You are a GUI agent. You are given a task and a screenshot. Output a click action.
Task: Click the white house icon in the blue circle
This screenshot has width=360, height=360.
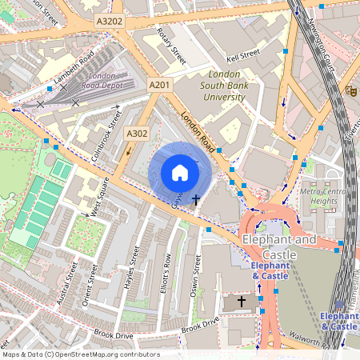click(180, 173)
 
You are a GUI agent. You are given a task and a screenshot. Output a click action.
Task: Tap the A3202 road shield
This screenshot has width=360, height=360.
click(109, 22)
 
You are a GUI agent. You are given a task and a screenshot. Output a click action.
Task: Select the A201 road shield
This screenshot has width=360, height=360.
click(160, 85)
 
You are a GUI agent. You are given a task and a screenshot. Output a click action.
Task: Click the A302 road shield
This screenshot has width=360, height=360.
click(138, 134)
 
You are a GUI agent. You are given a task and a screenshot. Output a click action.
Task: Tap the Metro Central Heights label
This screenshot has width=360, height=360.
click(324, 196)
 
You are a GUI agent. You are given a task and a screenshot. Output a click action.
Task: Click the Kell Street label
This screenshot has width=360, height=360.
click(243, 54)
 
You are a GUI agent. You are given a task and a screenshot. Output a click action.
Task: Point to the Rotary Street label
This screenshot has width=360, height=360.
click(171, 48)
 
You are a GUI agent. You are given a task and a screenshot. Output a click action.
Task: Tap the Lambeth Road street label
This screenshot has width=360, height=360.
click(75, 68)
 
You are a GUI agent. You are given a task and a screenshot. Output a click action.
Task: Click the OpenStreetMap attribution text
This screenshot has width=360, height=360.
click(80, 354)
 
